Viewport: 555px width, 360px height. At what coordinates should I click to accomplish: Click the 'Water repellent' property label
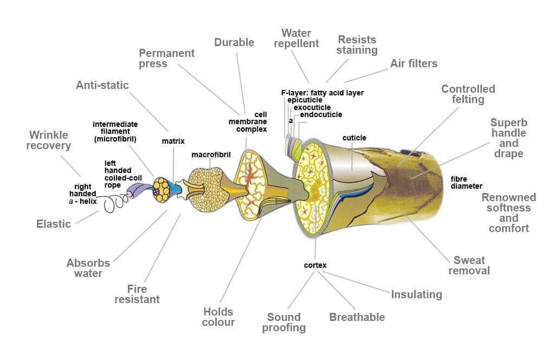pyautogui.click(x=296, y=38)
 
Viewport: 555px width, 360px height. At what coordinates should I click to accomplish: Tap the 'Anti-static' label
pyautogui.click(x=102, y=85)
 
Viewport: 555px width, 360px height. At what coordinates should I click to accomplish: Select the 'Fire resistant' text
pyautogui.click(x=137, y=294)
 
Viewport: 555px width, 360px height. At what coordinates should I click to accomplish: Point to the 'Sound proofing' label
pyautogui.click(x=284, y=322)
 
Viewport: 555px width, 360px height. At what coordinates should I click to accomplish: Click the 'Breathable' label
pyautogui.click(x=357, y=317)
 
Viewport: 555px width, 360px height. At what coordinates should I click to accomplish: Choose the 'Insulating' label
pyautogui.click(x=416, y=294)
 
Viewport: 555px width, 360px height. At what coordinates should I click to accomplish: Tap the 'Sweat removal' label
pyautogui.click(x=469, y=265)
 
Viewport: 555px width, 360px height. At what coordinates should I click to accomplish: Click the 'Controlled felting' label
pyautogui.click(x=468, y=94)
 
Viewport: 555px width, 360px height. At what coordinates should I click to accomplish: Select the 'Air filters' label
pyautogui.click(x=414, y=63)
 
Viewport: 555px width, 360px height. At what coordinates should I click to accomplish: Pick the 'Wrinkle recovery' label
pyautogui.click(x=49, y=140)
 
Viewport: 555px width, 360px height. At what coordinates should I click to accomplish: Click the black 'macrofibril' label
pyautogui.click(x=211, y=155)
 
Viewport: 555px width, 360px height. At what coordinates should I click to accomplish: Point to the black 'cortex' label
pyautogui.click(x=315, y=265)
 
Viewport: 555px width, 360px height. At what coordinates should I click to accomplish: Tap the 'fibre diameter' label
pyautogui.click(x=466, y=183)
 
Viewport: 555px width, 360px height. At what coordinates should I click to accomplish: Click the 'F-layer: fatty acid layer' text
pyautogui.click(x=322, y=93)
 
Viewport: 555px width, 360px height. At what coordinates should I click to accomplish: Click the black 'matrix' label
pyautogui.click(x=173, y=141)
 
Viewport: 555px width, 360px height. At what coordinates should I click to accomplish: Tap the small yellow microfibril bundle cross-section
pyautogui.click(x=161, y=190)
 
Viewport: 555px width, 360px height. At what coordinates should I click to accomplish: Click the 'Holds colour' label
pyautogui.click(x=218, y=317)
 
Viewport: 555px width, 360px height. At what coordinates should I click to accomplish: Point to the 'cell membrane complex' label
pyautogui.click(x=248, y=122)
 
